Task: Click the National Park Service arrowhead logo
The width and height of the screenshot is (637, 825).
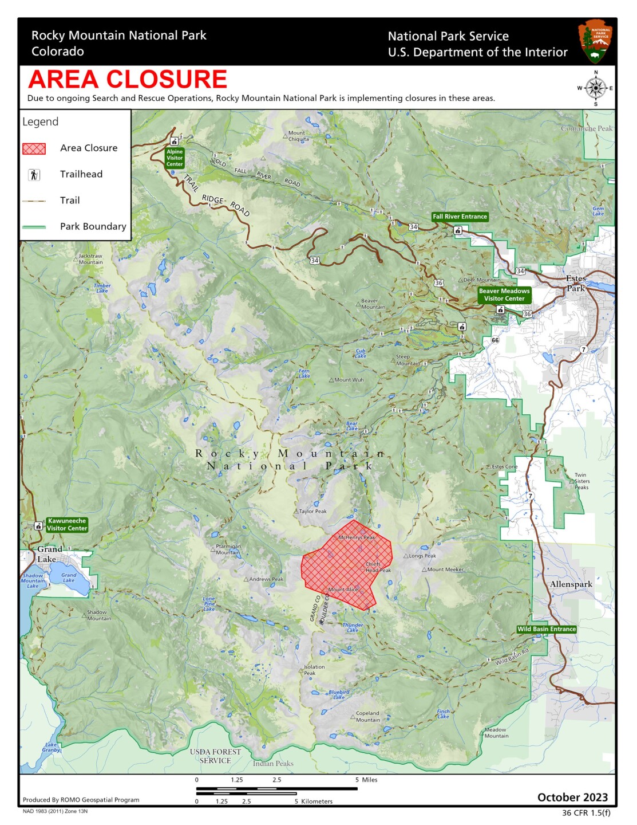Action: pos(596,41)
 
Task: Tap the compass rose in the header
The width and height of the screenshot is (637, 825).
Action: pos(596,88)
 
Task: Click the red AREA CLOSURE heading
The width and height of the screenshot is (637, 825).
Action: pos(128,79)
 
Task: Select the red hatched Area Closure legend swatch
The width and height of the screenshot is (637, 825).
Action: pos(34,148)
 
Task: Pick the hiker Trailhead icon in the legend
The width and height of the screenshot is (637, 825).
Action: pos(34,175)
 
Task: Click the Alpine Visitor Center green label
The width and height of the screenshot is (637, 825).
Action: pos(175,158)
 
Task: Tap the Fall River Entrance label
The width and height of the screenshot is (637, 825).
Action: pos(460,217)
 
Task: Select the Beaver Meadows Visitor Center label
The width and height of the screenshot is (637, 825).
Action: pos(504,294)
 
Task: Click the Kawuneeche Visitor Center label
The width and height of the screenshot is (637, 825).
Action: pos(67,525)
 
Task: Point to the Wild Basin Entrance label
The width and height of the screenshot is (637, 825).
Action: pos(546,629)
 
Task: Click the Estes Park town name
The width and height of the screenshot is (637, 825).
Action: pos(576,283)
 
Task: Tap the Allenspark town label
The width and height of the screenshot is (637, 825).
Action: pos(571,584)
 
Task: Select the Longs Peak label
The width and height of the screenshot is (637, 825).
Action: pos(422,556)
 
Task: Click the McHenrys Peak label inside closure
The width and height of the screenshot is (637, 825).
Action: pos(357,537)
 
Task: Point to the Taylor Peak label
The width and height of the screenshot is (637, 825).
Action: pos(312,511)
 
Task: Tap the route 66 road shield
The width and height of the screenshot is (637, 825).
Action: pos(495,340)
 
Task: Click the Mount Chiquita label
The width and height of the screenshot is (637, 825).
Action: pos(298,136)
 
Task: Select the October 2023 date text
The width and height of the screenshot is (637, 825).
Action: pos(572,797)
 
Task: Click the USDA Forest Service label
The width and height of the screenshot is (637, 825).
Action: pos(215,756)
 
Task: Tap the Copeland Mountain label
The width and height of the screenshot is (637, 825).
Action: pos(367,717)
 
